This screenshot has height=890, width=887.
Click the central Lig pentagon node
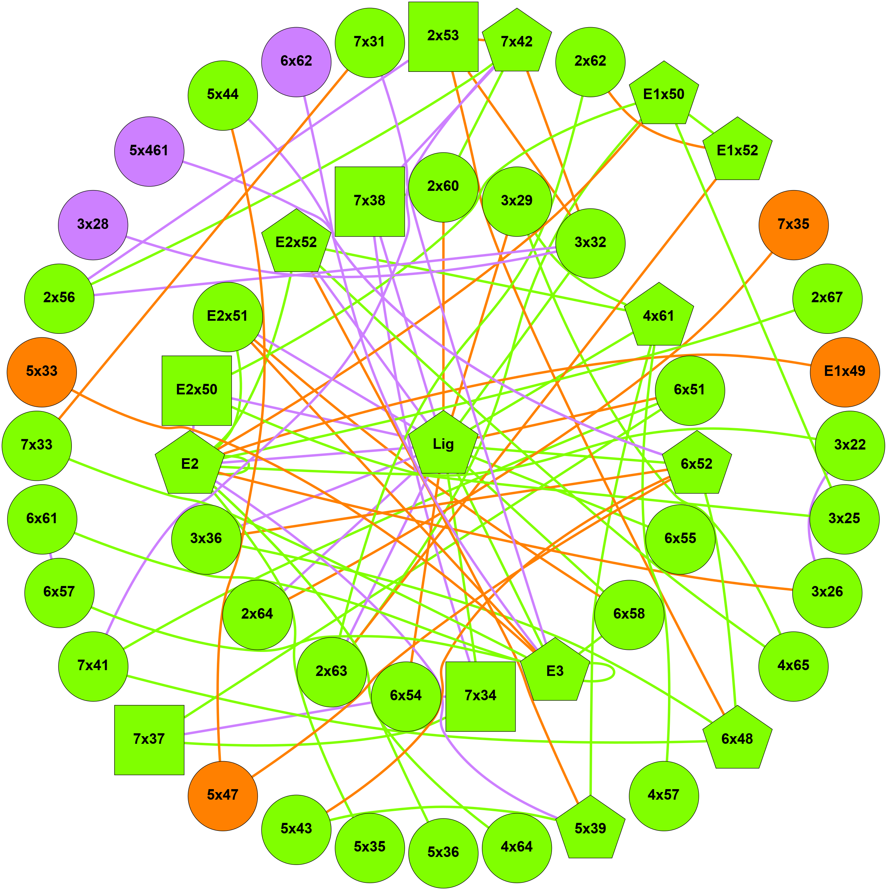443,444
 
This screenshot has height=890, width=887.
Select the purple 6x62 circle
296,61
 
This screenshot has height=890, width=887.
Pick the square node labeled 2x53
443,36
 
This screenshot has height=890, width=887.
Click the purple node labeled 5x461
149,151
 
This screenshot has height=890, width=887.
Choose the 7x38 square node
370,201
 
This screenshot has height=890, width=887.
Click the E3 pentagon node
554,671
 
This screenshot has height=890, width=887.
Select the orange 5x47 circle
222,795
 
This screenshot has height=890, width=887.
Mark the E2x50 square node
197,390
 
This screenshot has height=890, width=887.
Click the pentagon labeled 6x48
737,739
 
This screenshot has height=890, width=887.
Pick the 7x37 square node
149,739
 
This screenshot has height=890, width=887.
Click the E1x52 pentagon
737,151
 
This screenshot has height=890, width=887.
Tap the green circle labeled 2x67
827,298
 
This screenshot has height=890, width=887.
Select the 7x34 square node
480,696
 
